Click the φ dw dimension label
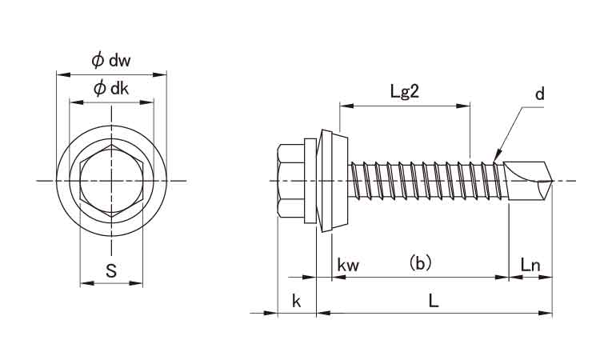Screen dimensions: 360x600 (x=110, y=61)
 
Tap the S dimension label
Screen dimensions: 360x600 (x=111, y=271)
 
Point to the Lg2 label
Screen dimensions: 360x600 (x=405, y=91)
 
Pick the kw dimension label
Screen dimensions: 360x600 (x=349, y=264)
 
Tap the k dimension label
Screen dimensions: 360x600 (x=296, y=301)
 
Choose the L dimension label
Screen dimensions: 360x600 (x=433, y=301)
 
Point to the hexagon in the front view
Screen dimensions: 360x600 (x=110, y=181)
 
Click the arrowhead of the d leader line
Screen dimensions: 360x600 (x=497, y=155)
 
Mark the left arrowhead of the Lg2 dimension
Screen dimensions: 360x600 (x=344, y=105)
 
